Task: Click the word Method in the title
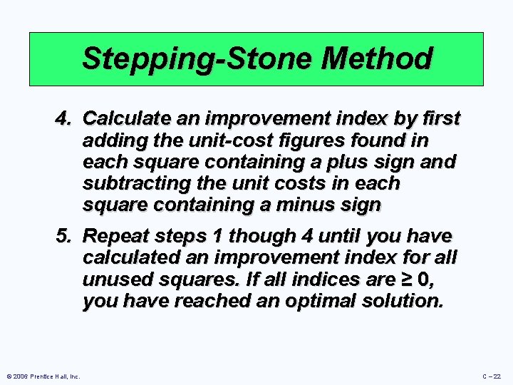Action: coord(376,58)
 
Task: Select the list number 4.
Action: coord(65,117)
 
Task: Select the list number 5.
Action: coord(65,235)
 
